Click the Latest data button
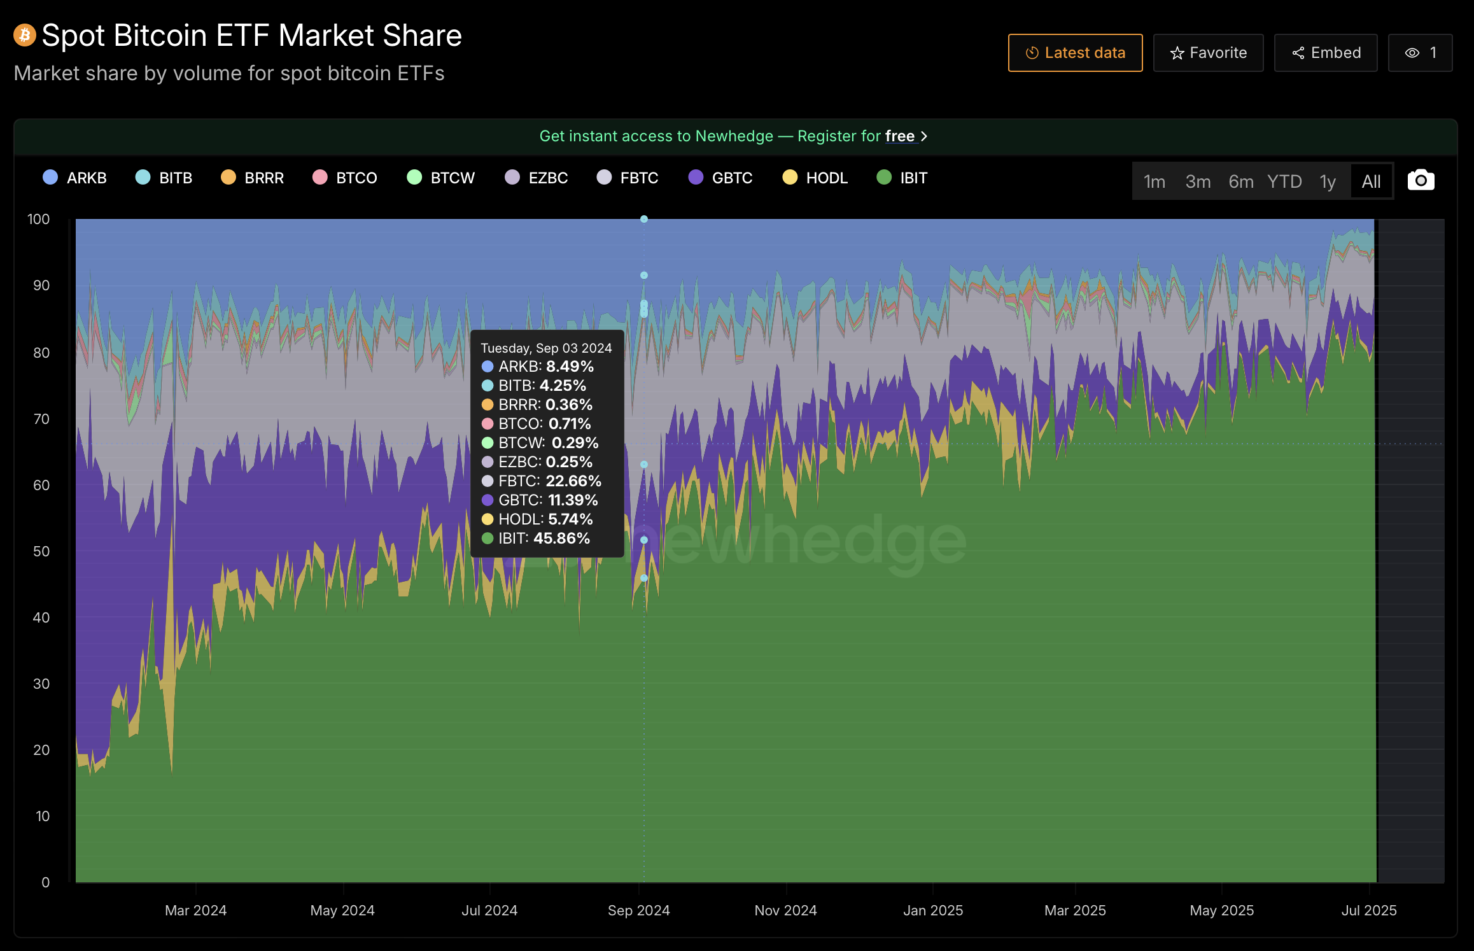pyautogui.click(x=1075, y=53)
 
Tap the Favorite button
pyautogui.click(x=1208, y=53)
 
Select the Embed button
pyautogui.click(x=1326, y=53)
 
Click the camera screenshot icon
pyautogui.click(x=1421, y=181)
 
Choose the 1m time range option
pyautogui.click(x=1155, y=182)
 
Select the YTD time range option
pyautogui.click(x=1284, y=182)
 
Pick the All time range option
pyautogui.click(x=1371, y=182)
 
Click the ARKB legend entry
pyautogui.click(x=75, y=178)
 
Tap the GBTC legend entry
pyautogui.click(x=720, y=178)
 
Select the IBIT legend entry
pyautogui.click(x=902, y=178)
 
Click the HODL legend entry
pyautogui.click(x=815, y=178)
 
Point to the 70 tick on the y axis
pyautogui.click(x=41, y=419)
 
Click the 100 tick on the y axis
pyautogui.click(x=38, y=220)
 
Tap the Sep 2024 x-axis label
pyautogui.click(x=638, y=910)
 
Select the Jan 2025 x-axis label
pyautogui.click(x=932, y=910)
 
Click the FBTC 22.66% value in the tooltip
pyautogui.click(x=573, y=481)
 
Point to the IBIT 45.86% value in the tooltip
pyautogui.click(x=561, y=539)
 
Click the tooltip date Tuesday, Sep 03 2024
pyautogui.click(x=546, y=348)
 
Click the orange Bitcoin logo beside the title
pyautogui.click(x=25, y=36)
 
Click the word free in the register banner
pyautogui.click(x=899, y=136)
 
